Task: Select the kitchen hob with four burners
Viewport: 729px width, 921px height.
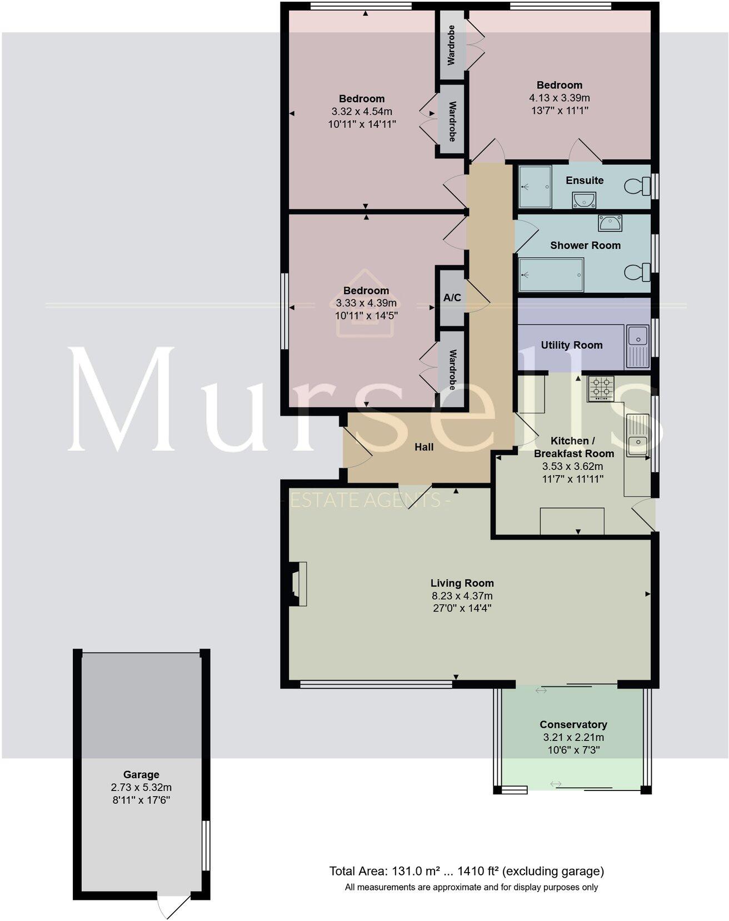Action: point(601,388)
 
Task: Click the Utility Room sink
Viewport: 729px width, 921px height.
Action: point(637,336)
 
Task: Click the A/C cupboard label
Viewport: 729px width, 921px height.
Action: point(452,298)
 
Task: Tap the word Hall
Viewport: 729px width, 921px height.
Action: point(424,447)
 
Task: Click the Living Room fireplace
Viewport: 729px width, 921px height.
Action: point(297,583)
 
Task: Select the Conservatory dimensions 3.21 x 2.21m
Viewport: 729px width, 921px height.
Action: point(573,738)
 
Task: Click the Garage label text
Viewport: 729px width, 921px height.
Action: point(141,774)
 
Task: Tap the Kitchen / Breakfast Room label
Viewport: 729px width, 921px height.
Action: point(573,447)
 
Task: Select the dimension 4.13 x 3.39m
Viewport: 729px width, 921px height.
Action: point(559,98)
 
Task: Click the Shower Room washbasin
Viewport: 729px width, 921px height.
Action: point(610,223)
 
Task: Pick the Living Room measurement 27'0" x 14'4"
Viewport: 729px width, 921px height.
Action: point(462,608)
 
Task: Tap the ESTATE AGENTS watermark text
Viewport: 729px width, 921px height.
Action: point(370,500)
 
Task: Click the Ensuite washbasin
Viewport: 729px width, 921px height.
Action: point(583,200)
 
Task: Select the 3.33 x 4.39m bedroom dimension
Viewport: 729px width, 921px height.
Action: point(366,303)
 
